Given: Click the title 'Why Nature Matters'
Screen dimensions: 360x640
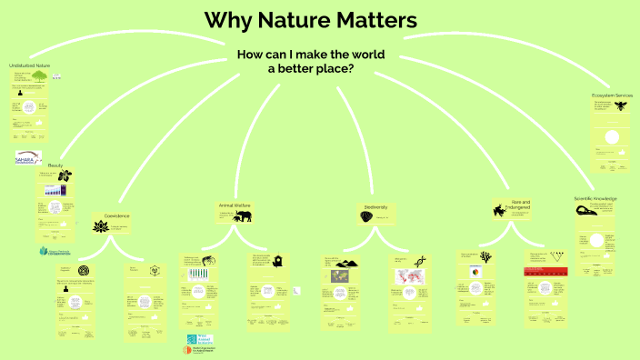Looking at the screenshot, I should click(310, 19).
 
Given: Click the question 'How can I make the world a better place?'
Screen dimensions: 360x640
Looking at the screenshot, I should click(310, 62).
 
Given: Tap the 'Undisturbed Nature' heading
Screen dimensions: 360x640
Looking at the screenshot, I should click(29, 66).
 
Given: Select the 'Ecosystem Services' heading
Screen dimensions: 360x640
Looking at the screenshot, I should click(612, 95).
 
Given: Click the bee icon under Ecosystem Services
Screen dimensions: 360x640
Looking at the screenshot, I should click(620, 107).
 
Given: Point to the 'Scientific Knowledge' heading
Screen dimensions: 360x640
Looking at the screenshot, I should click(595, 198).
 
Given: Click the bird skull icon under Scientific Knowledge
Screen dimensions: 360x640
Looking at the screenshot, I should click(586, 211).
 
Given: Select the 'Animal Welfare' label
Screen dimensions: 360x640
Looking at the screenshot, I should click(234, 205).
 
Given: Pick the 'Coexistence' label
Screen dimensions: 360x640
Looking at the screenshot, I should click(117, 215).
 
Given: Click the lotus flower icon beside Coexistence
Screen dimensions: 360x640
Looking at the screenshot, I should click(99, 225).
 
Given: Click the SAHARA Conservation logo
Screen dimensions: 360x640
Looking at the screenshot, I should click(28, 158).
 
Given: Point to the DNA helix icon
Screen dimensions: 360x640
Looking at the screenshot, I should click(420, 261).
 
